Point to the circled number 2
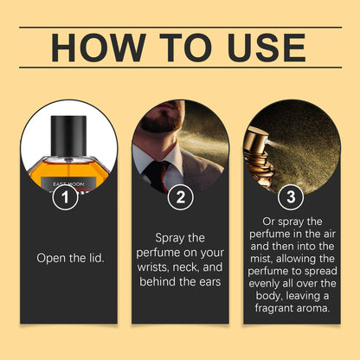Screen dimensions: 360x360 click(180, 197)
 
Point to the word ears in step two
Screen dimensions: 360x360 click(209, 283)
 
